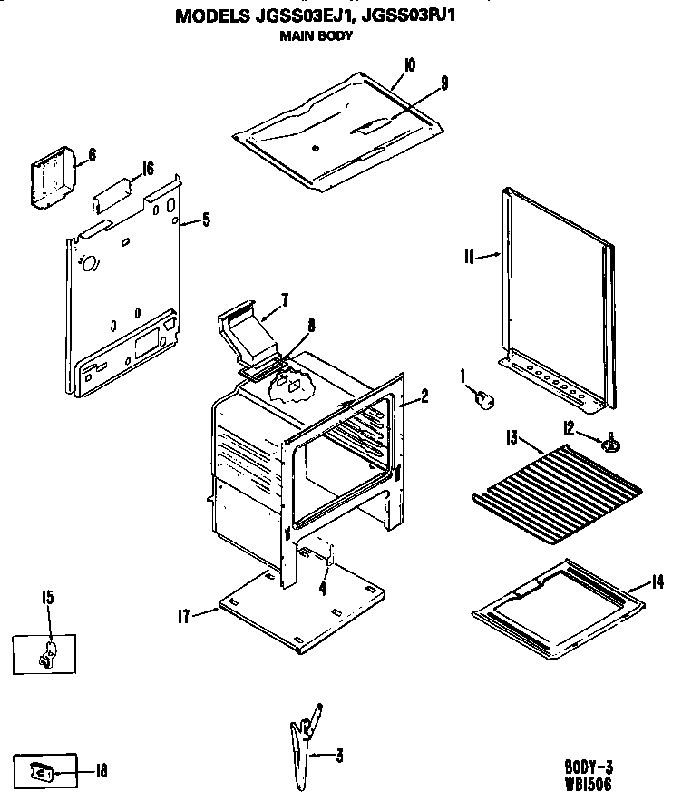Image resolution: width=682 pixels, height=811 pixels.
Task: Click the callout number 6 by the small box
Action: click(x=91, y=155)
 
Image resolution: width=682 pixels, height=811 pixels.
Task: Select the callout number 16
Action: click(x=147, y=169)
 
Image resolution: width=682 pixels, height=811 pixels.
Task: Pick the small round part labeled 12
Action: click(x=613, y=443)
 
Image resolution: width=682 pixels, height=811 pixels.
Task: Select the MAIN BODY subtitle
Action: click(x=317, y=36)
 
